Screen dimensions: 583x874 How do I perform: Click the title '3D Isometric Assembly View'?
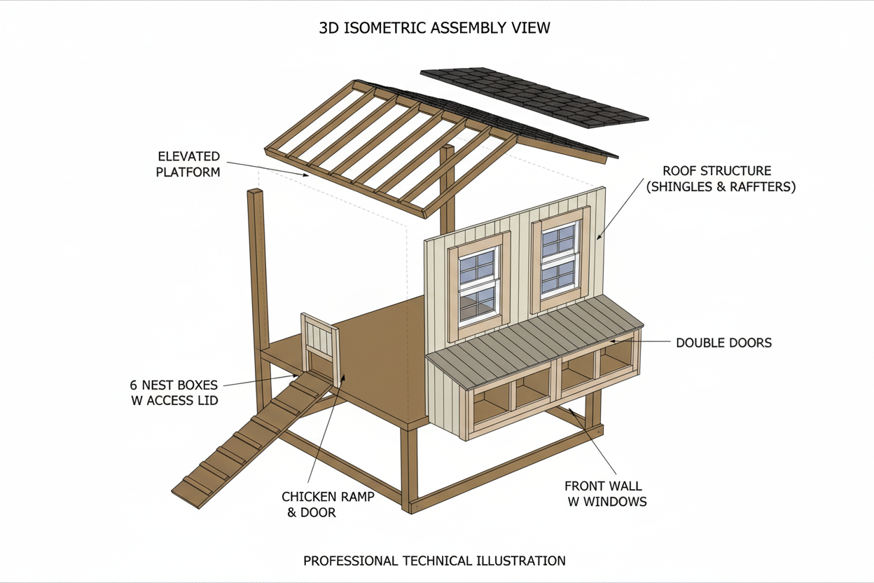(434, 28)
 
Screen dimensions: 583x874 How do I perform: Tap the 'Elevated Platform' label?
(188, 164)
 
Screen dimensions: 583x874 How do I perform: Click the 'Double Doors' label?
(723, 343)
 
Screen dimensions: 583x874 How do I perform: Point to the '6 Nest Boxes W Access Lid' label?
(174, 392)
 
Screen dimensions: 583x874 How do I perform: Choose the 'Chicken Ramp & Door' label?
(328, 504)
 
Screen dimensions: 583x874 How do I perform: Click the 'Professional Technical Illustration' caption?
(434, 561)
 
